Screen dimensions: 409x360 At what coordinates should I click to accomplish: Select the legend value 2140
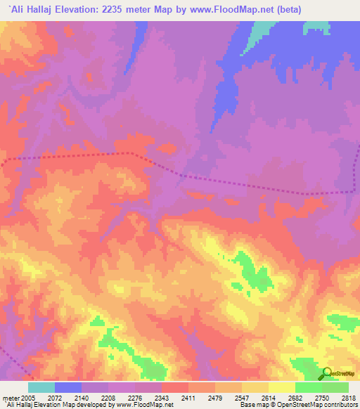point(82,398)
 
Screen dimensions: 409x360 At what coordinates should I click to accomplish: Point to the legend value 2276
point(135,398)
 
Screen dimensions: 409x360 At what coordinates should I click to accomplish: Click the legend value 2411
point(188,398)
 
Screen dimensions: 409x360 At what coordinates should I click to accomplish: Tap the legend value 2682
point(295,398)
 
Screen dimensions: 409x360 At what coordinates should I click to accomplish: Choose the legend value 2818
point(347,398)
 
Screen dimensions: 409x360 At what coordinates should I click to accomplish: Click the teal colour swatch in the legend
point(41,387)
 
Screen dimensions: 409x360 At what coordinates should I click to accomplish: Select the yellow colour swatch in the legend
point(282,387)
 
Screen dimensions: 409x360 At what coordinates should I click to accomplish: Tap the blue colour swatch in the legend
point(68,387)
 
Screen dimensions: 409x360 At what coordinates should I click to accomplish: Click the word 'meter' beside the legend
point(10,398)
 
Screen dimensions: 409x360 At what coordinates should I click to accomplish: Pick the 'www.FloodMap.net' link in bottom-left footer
point(141,405)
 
